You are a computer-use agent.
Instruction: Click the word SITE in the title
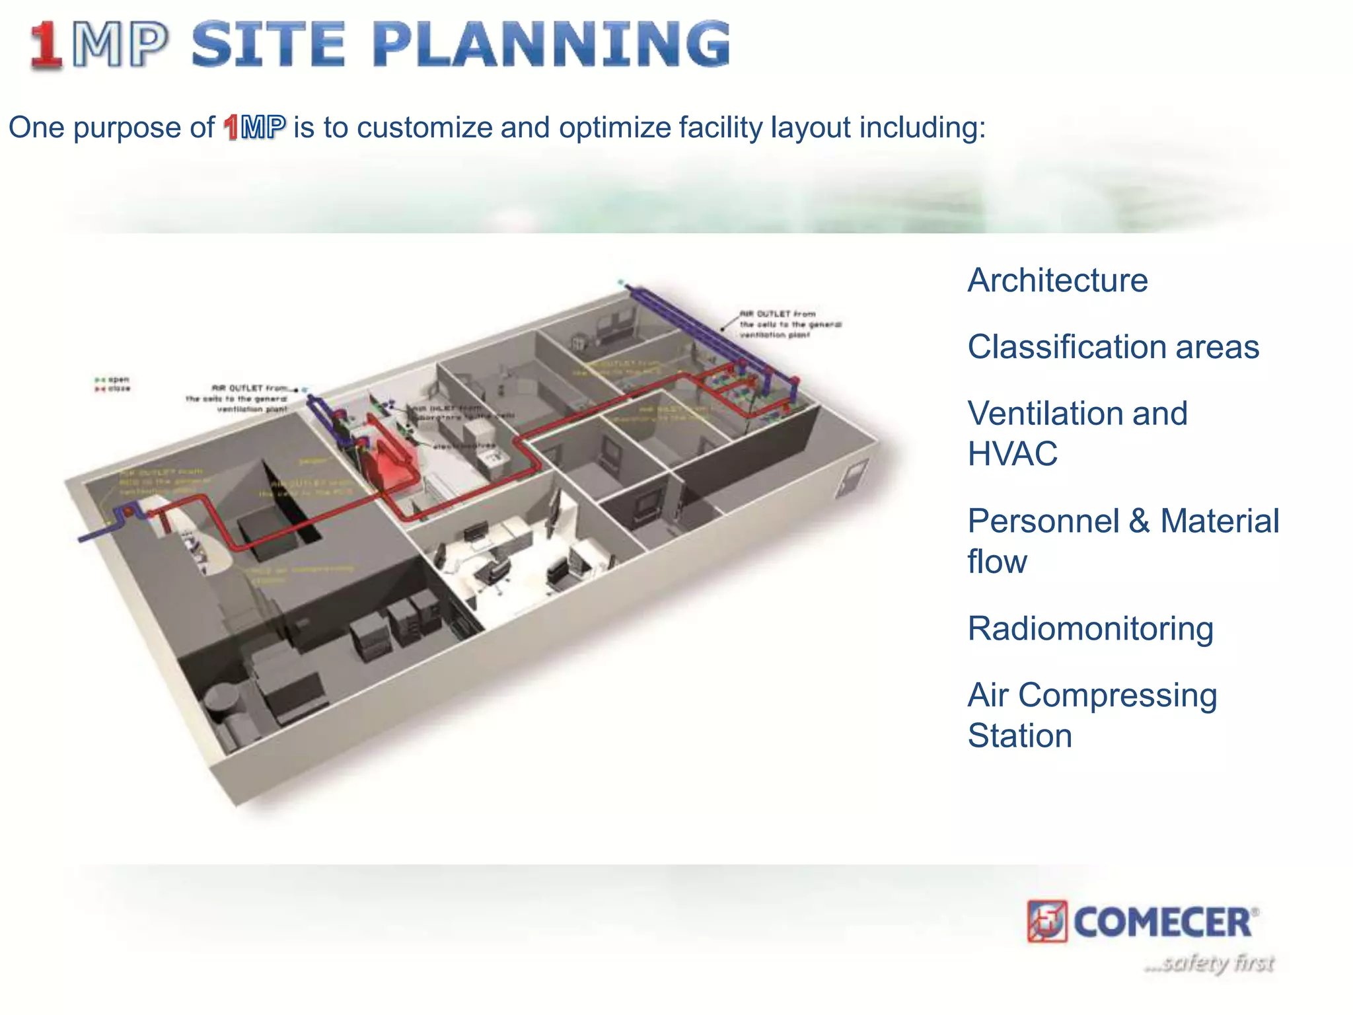[268, 44]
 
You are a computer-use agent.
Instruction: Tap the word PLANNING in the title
[551, 44]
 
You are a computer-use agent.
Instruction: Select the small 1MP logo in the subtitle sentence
[254, 128]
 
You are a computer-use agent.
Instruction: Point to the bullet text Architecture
[1057, 280]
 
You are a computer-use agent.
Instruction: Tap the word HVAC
[1012, 454]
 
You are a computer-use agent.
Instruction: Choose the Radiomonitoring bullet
[1090, 628]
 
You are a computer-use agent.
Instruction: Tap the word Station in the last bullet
[1019, 735]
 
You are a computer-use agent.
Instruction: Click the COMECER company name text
[1163, 922]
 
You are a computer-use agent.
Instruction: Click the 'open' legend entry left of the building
[113, 379]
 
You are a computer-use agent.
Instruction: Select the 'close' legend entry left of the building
[113, 389]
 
